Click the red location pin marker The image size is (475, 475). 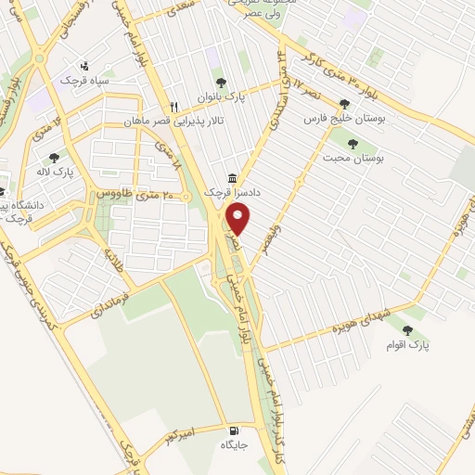pos(239,220)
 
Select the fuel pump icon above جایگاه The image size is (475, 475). pos(231,430)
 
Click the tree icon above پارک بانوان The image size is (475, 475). pos(220,82)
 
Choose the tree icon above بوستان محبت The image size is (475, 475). pos(352,144)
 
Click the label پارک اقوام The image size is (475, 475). pos(407,345)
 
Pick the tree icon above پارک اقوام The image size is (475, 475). pos(407,330)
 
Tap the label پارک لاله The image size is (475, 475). pos(57,173)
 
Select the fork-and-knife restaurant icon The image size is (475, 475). pos(173,107)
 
